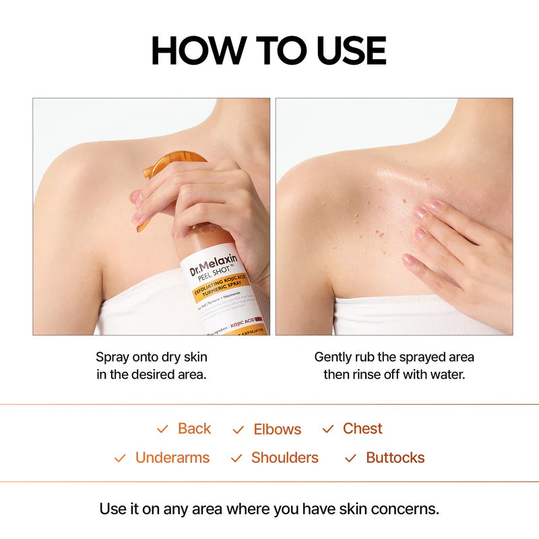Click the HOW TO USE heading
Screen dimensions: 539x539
[269, 51]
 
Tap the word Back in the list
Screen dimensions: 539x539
[194, 429]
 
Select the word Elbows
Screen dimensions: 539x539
[277, 429]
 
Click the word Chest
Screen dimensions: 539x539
[362, 429]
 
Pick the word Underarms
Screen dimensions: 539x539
[172, 457]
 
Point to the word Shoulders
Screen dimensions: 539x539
[285, 457]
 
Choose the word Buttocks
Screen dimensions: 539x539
[395, 457]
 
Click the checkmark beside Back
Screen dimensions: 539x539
[162, 429]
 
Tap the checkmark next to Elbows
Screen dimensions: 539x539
[238, 430]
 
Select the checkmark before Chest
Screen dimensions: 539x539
[328, 429]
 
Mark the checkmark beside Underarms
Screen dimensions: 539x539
[120, 458]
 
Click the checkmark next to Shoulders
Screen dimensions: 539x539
[236, 458]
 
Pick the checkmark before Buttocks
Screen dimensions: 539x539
[350, 458]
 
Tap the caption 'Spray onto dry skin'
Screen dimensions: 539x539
[152, 357]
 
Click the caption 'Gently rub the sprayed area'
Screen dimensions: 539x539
[394, 357]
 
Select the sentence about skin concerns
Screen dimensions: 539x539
[269, 508]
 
